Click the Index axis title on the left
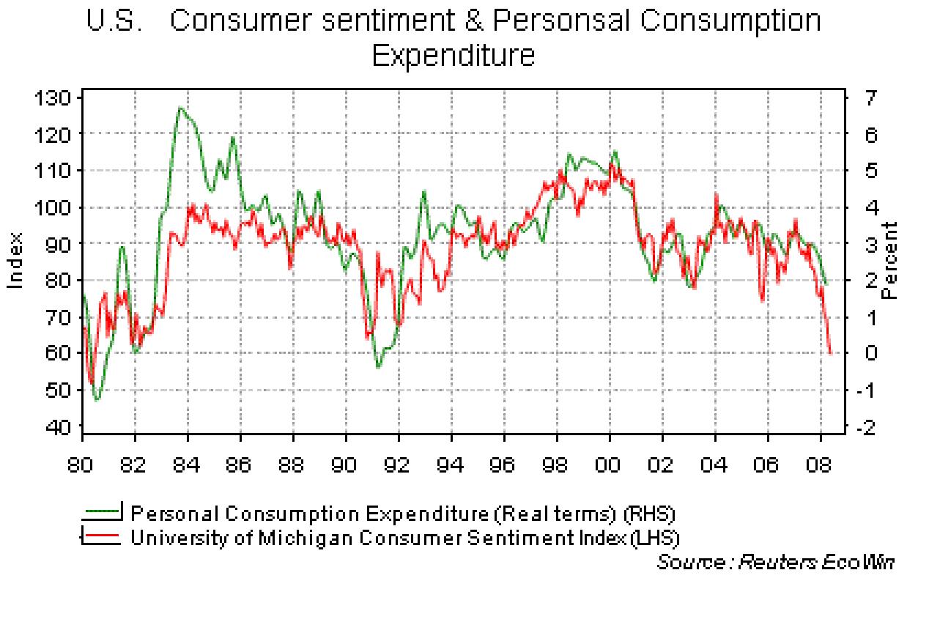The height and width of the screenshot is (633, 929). [x=15, y=261]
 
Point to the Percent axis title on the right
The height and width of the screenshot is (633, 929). [x=890, y=261]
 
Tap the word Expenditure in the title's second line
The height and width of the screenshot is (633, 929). [x=454, y=56]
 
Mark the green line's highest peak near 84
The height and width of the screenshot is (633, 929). [x=179, y=108]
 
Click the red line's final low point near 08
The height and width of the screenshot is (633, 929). [x=830, y=353]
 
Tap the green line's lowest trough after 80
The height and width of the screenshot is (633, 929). [x=97, y=401]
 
